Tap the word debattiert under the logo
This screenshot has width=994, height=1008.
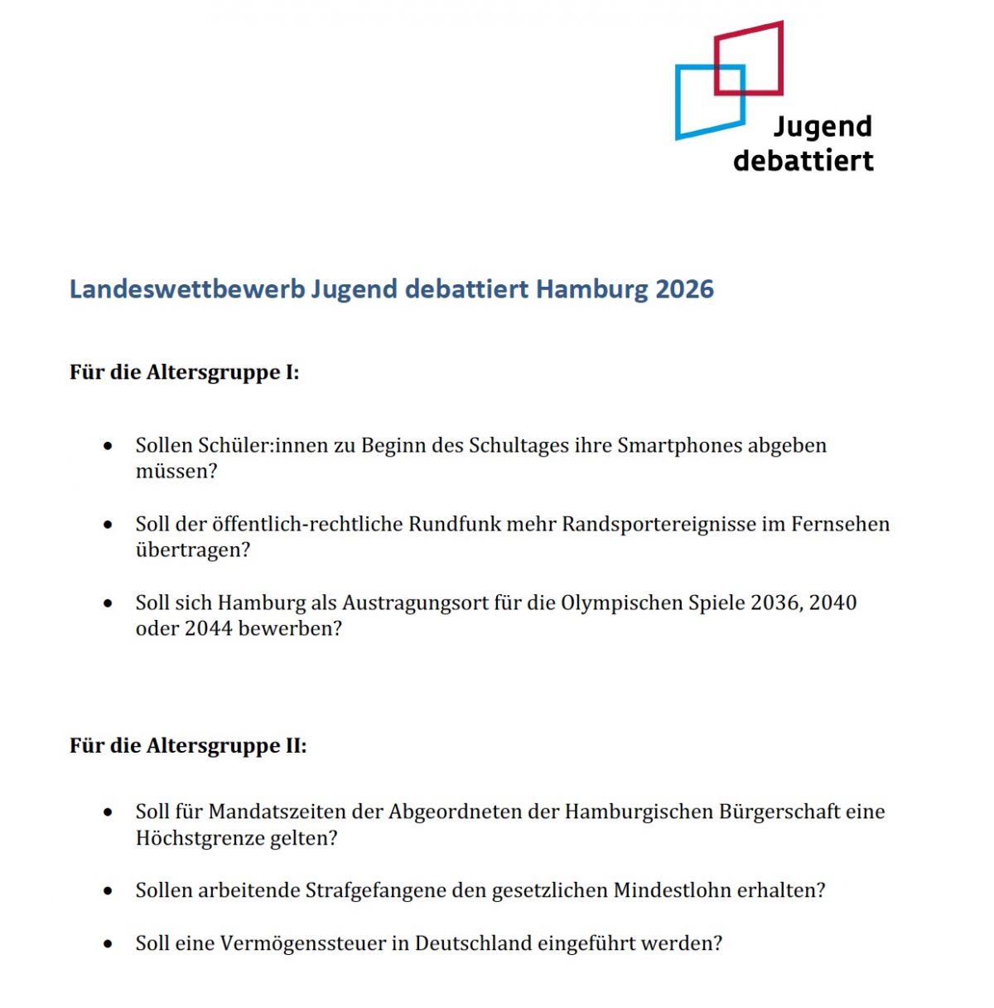click(x=803, y=160)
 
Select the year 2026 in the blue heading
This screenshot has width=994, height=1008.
click(x=684, y=289)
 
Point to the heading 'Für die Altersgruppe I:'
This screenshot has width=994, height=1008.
click(x=184, y=372)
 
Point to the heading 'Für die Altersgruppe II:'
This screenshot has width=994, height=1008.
click(x=188, y=746)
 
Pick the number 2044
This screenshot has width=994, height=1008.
click(x=208, y=629)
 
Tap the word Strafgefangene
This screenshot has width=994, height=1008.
click(x=375, y=891)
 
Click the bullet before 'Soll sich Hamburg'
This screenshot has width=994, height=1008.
click(x=108, y=603)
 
